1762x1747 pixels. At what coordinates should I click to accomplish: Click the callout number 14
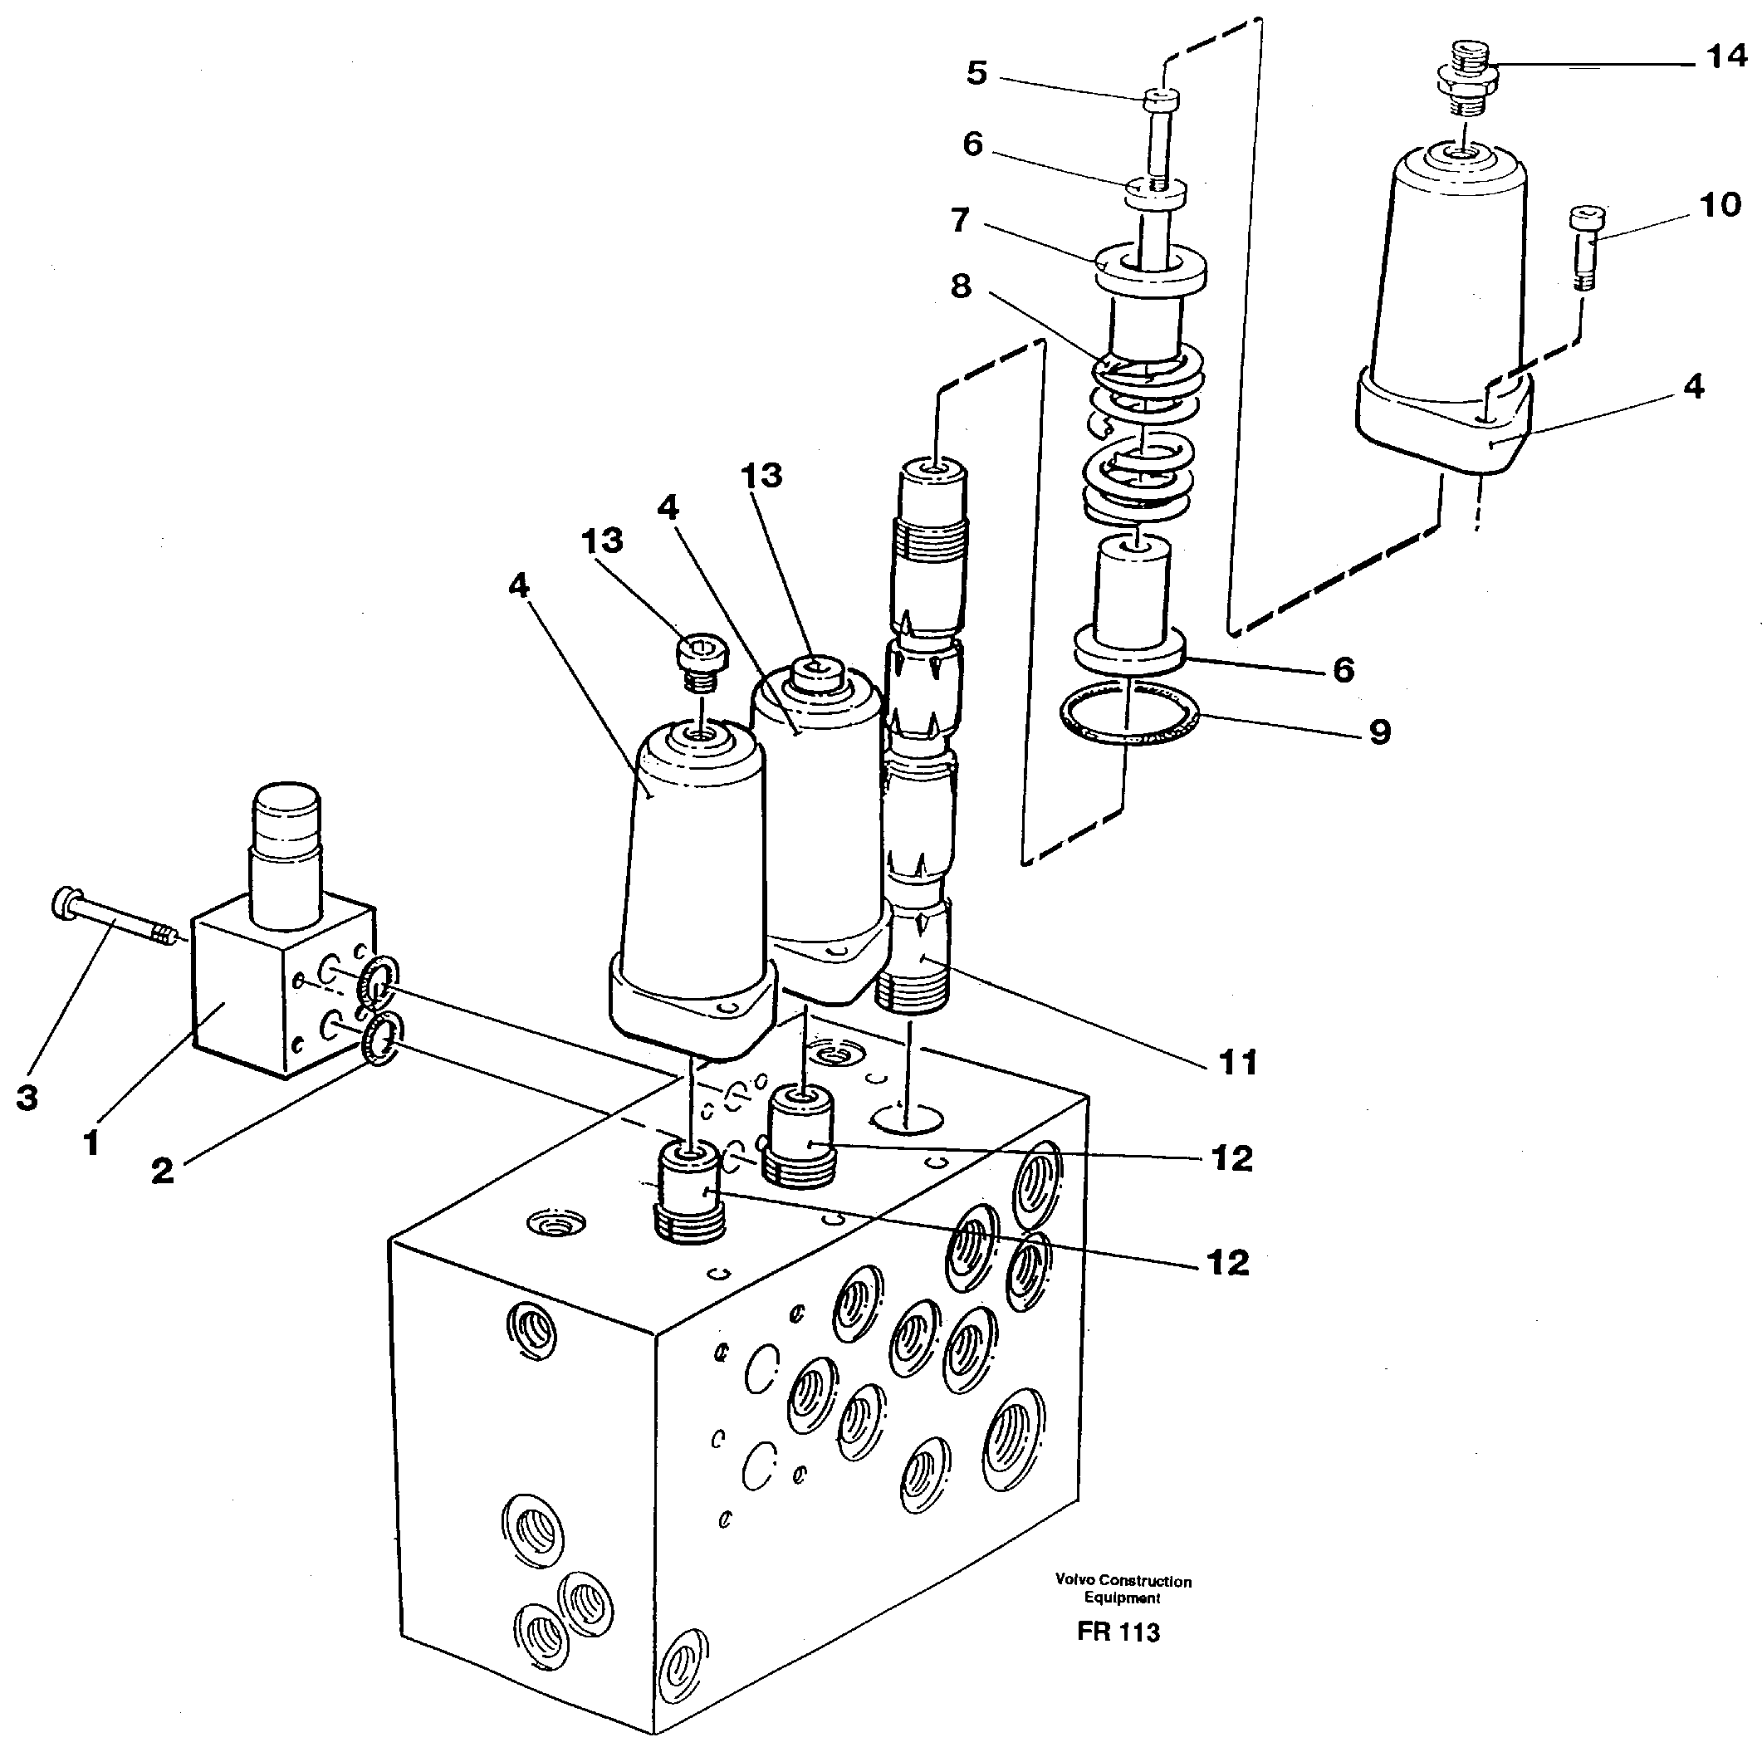point(1725,56)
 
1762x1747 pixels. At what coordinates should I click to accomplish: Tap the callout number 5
point(976,73)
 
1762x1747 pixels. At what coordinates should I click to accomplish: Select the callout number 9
point(1379,732)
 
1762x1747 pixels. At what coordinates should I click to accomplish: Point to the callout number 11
point(1237,1062)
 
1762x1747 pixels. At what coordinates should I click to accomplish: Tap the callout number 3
point(27,1099)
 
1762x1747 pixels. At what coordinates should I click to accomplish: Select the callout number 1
point(91,1143)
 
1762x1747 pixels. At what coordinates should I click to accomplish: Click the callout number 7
point(959,221)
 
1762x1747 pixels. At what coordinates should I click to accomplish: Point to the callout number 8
point(961,286)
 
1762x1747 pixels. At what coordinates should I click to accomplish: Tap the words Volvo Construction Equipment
point(1123,1589)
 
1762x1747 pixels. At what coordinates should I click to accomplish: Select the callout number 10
point(1720,205)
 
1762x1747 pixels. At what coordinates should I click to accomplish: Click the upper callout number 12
point(1232,1159)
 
